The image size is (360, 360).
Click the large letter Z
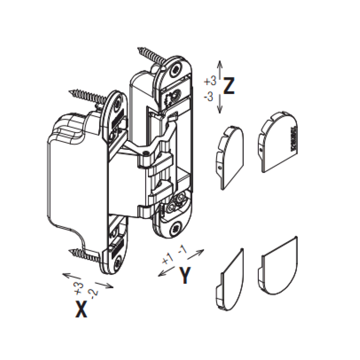point(229,86)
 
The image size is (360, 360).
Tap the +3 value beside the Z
point(210,81)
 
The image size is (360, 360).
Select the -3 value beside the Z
point(208,97)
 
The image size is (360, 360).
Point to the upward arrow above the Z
point(220,70)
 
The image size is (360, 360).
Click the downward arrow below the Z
point(220,104)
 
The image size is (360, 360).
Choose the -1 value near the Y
point(182,249)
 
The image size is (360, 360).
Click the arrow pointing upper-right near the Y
point(195,254)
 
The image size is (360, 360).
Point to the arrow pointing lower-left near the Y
point(166,271)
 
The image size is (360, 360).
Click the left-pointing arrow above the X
point(72,276)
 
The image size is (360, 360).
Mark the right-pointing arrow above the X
point(104,285)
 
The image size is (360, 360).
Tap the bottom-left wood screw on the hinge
point(85,255)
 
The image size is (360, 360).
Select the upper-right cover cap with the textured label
point(277,142)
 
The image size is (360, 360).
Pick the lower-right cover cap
point(278,266)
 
